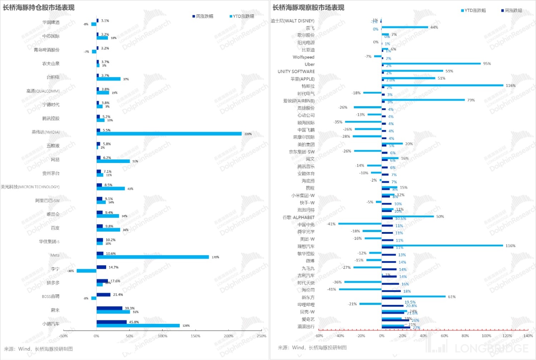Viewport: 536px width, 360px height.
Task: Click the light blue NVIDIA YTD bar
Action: point(169,134)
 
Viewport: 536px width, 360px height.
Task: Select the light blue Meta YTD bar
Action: point(153,257)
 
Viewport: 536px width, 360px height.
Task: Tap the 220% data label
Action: point(248,134)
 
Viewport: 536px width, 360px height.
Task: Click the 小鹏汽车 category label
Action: point(51,324)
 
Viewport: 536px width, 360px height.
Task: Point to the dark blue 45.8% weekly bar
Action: point(111,322)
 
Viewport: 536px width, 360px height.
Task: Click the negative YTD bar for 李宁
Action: point(86,271)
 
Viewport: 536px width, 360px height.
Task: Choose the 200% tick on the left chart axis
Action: point(228,336)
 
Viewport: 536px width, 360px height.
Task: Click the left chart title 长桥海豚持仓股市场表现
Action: point(39,8)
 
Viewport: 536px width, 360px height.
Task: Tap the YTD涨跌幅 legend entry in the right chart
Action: point(473,10)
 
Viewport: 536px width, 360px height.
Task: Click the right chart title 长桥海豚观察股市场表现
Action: point(308,8)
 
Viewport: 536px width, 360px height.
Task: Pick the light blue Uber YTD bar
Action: point(431,64)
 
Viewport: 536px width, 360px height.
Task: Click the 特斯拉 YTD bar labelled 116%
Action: point(442,85)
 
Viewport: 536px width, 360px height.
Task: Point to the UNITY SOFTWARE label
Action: point(296,71)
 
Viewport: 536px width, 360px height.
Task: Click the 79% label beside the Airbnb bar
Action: point(471,100)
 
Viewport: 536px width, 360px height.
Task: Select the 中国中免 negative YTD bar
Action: point(360,224)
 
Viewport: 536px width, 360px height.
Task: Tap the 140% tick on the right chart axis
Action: point(528,336)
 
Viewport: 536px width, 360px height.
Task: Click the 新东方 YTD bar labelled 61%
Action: point(414,296)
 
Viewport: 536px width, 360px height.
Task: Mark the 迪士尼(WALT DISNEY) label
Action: point(292,21)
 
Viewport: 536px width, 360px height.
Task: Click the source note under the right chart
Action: point(312,347)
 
